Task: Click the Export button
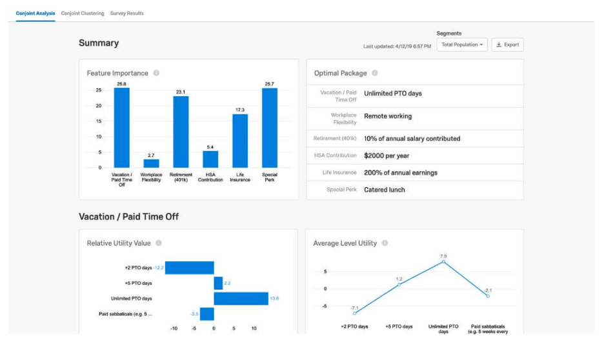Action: pyautogui.click(x=507, y=45)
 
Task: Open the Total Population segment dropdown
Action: pyautogui.click(x=461, y=45)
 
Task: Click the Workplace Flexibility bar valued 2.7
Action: pyautogui.click(x=151, y=163)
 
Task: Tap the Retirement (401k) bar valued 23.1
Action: pyautogui.click(x=181, y=132)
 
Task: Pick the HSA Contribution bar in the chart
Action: pyautogui.click(x=210, y=159)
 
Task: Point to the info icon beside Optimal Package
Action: pyautogui.click(x=375, y=73)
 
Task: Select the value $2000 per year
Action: pyautogui.click(x=387, y=155)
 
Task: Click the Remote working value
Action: pyautogui.click(x=388, y=116)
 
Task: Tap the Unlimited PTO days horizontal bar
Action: pyautogui.click(x=241, y=298)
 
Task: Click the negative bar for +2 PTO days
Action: pyautogui.click(x=189, y=267)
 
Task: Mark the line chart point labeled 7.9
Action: pyautogui.click(x=443, y=262)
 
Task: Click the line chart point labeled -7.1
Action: pyautogui.click(x=355, y=313)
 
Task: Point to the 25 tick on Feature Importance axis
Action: pyautogui.click(x=98, y=91)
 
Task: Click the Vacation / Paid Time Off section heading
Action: pyautogui.click(x=128, y=217)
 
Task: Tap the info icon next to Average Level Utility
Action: pyautogui.click(x=385, y=243)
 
